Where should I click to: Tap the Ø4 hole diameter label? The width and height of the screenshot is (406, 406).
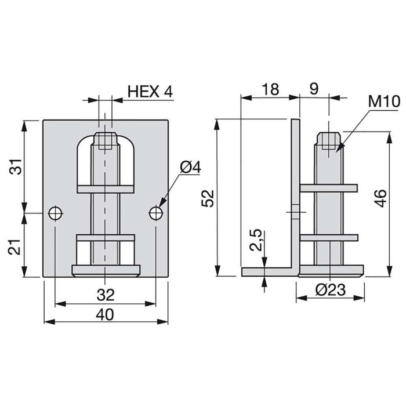coord(190,168)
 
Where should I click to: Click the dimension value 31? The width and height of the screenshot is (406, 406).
coord(17,166)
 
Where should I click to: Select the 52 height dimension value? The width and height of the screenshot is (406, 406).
coord(209,197)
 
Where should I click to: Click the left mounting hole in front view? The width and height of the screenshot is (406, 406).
coord(55,213)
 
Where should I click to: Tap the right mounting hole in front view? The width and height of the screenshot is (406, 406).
coord(156,213)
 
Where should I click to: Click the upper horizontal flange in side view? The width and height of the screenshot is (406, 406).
coord(328,187)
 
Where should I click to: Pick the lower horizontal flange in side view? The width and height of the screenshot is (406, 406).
coord(328,237)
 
